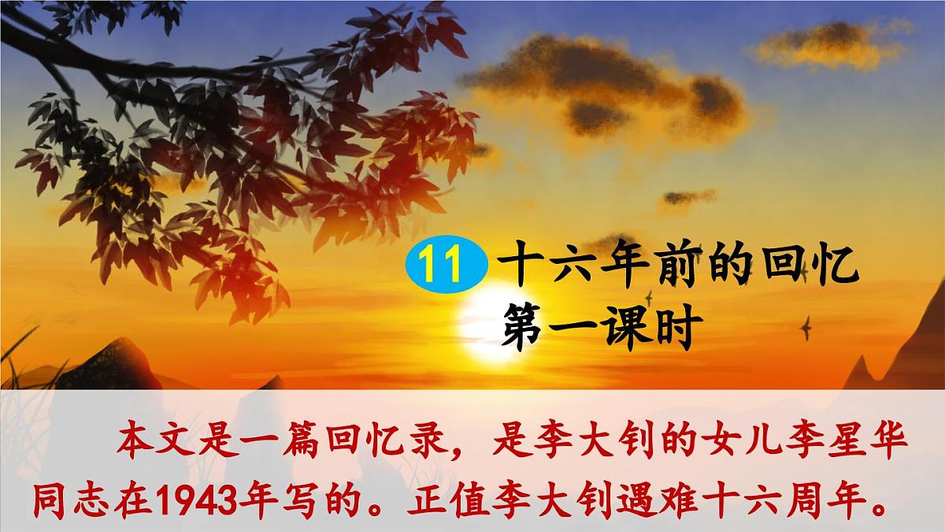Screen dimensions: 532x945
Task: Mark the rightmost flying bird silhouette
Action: coord(806,324)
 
